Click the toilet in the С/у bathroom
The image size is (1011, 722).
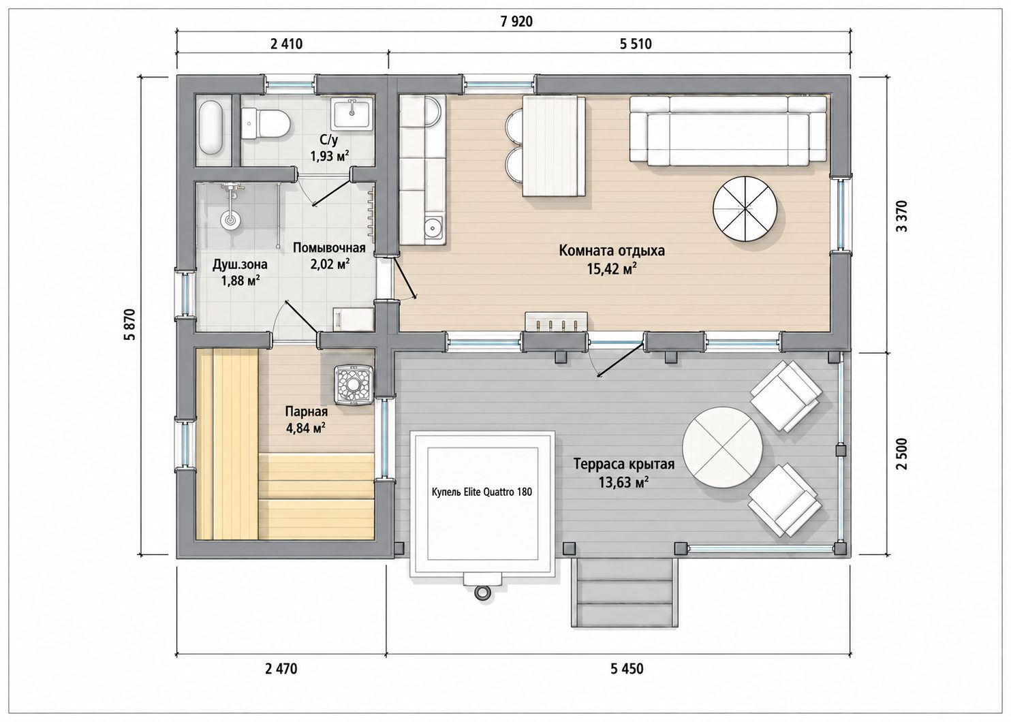[x=266, y=124]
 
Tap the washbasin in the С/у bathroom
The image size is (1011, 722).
[x=352, y=113]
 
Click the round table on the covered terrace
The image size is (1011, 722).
[x=722, y=448]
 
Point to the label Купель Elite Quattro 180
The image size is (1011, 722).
[x=482, y=492]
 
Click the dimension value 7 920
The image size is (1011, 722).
[x=516, y=21]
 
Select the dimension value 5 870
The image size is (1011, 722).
[x=129, y=324]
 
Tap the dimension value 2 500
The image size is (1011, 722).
[x=901, y=454]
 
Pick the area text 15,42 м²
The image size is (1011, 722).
[x=612, y=270]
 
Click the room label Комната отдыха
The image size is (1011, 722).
[x=612, y=251]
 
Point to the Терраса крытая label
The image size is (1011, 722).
[x=624, y=464]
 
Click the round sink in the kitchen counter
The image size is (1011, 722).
[x=434, y=226]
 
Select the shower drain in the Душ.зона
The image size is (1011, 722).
[x=230, y=220]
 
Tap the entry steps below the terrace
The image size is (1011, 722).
[x=625, y=593]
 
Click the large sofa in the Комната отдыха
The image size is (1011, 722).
[x=728, y=129]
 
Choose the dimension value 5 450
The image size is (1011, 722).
[x=627, y=668]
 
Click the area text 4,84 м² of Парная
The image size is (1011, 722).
[x=306, y=428]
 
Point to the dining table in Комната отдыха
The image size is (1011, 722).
[x=554, y=146]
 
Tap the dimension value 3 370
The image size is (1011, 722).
[x=901, y=216]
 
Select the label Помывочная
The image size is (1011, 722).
[x=329, y=248]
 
